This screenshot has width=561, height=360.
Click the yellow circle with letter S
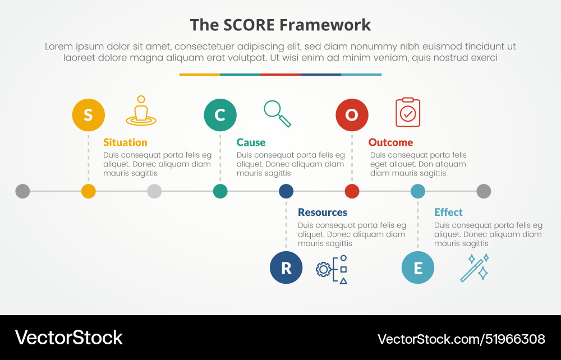pyautogui.click(x=89, y=115)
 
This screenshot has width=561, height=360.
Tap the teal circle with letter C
pyautogui.click(x=220, y=115)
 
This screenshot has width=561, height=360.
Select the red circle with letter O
pyautogui.click(x=352, y=115)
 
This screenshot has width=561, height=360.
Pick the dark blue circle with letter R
pyautogui.click(x=286, y=267)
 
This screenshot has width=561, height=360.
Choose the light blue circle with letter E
pyautogui.click(x=418, y=267)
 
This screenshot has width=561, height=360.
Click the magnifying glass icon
pyautogui.click(x=277, y=113)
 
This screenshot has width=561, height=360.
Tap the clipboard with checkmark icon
pyautogui.click(x=408, y=112)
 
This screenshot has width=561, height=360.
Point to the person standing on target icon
pyautogui.click(x=141, y=111)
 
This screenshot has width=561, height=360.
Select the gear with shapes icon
pyautogui.click(x=332, y=269)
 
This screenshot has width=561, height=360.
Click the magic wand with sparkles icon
pyautogui.click(x=475, y=267)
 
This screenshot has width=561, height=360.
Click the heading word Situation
pyautogui.click(x=125, y=142)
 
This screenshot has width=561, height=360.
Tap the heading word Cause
pyautogui.click(x=251, y=142)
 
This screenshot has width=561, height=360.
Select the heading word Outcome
pyautogui.click(x=390, y=142)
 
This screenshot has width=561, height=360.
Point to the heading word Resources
pyautogui.click(x=323, y=213)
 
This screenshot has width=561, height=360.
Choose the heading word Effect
pyautogui.click(x=448, y=213)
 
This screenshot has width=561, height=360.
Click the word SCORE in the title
pyautogui.click(x=249, y=25)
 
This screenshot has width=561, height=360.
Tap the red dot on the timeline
pyautogui.click(x=352, y=191)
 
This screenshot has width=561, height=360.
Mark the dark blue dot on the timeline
pyautogui.click(x=286, y=191)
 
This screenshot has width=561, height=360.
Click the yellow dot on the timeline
pyautogui.click(x=89, y=191)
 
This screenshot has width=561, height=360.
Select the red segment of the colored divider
pyautogui.click(x=280, y=74)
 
